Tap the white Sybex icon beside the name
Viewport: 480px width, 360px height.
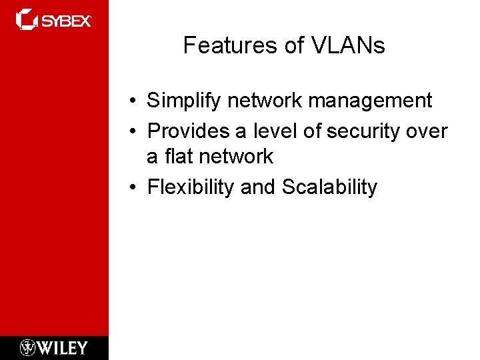click(x=27, y=19)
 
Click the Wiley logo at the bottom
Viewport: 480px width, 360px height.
click(x=54, y=347)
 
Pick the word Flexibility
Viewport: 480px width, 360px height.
click(x=191, y=187)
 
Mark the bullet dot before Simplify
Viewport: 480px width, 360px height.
click(x=134, y=102)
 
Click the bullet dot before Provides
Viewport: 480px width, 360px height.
click(x=134, y=132)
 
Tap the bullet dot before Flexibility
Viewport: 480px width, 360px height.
click(x=134, y=188)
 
